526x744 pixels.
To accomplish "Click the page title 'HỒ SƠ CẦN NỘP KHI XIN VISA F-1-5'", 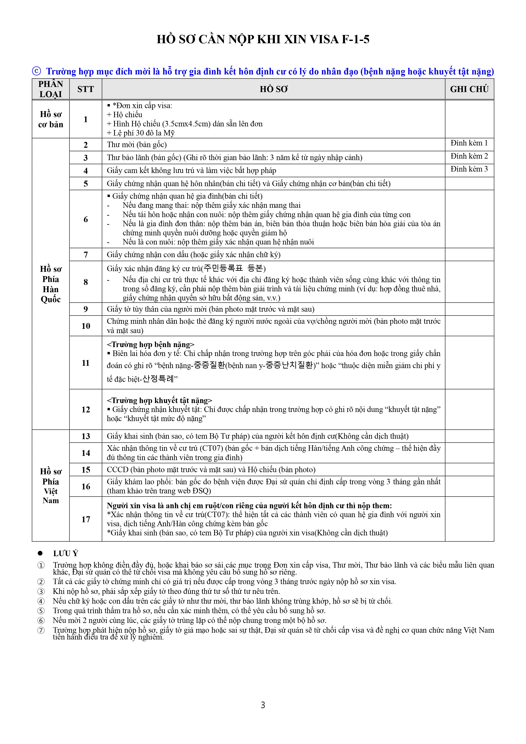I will coord(263,39).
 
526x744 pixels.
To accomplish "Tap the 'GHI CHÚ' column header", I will coord(469,89).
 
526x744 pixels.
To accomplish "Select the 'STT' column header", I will coord(86,89).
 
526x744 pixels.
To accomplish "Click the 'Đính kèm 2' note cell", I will coord(469,156).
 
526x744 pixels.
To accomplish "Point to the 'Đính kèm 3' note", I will coord(469,169).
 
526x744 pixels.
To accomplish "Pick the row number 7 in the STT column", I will coord(86,255).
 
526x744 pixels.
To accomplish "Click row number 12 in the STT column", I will coord(86,410).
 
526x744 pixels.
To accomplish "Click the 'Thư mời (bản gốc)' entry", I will coord(137,145).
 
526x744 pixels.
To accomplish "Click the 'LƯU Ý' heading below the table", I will coord(66,553).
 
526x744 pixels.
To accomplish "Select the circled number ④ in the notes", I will coord(41,601).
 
